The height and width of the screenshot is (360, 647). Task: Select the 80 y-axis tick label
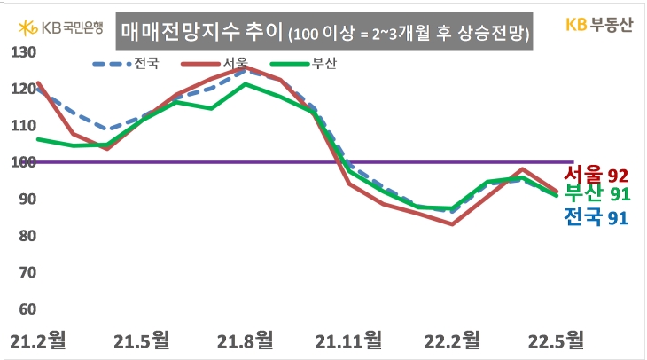coord(25,236)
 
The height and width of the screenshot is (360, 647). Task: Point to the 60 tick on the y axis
coord(25,309)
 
